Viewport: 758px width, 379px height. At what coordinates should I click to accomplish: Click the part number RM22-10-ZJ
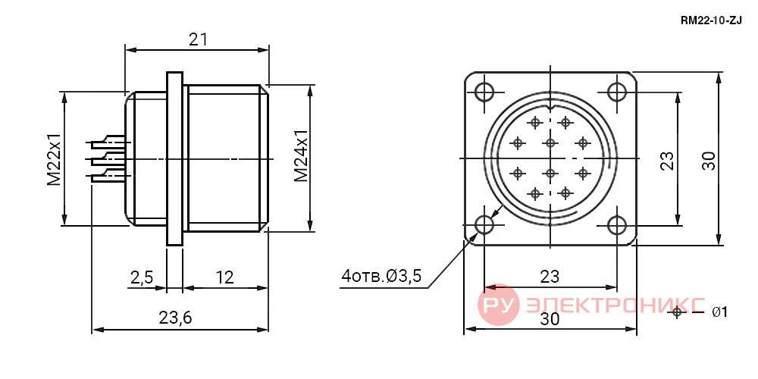(711, 20)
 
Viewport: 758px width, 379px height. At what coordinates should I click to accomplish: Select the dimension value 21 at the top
(198, 39)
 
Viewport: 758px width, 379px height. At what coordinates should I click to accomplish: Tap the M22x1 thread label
(54, 159)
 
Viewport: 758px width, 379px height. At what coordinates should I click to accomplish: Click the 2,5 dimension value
(142, 277)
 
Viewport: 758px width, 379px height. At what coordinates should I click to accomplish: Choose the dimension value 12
(224, 277)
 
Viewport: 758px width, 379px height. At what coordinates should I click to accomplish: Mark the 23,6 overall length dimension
(175, 318)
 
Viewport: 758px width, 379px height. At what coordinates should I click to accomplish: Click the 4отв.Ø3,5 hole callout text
(381, 277)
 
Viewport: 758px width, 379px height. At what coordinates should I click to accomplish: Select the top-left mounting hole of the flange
(484, 92)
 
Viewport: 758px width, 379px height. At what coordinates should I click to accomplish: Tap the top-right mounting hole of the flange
(617, 92)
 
